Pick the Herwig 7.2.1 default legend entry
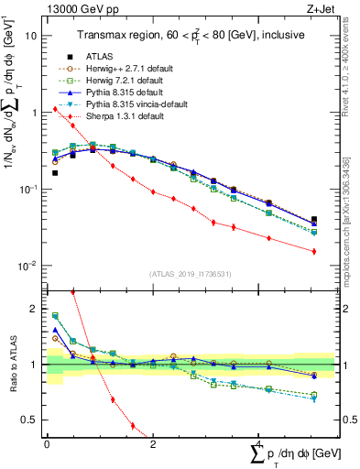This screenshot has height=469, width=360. [116, 80]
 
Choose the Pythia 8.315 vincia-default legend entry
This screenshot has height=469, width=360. [124, 104]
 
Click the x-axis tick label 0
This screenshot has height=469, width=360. [46, 444]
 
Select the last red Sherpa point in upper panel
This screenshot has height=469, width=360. [314, 251]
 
